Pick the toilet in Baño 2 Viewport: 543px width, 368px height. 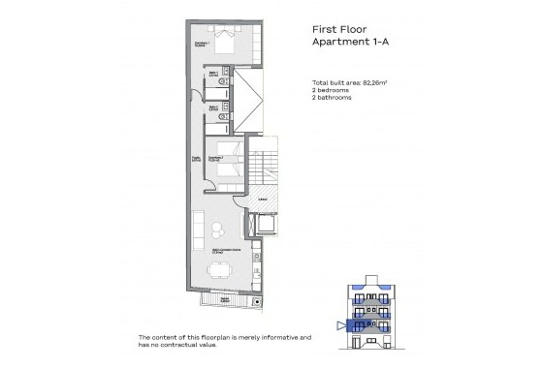(x=223, y=110)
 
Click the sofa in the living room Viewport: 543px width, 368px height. (x=199, y=230)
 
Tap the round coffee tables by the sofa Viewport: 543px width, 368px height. (x=216, y=230)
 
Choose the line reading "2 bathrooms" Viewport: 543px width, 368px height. (x=335, y=100)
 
